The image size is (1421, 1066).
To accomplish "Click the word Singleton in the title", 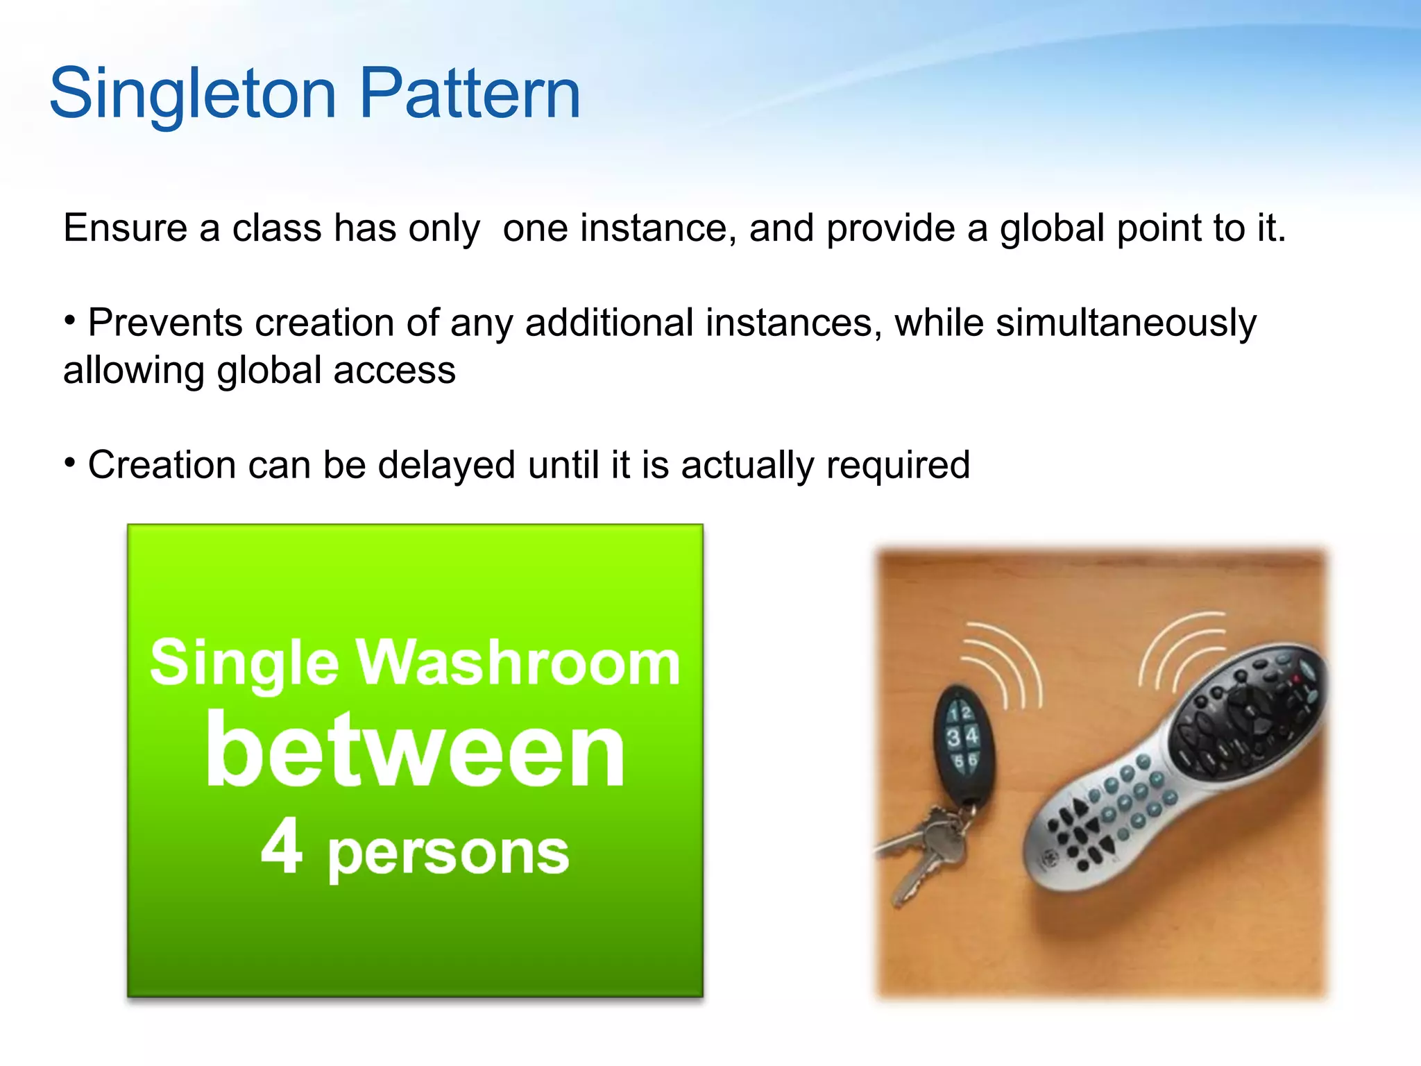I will pos(193,94).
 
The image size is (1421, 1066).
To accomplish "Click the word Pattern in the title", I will pos(470,94).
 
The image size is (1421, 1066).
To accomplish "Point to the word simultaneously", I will pos(1125,324).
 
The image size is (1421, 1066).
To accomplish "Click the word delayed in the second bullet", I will pos(446,464).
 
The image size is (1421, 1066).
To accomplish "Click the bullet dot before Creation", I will pos(69,461).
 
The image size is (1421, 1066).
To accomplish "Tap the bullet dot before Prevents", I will pos(69,320).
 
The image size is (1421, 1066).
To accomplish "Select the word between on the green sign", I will pos(415,751).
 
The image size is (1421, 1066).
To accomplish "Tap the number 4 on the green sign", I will pos(282,846).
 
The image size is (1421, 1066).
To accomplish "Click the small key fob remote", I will pos(962,739).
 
